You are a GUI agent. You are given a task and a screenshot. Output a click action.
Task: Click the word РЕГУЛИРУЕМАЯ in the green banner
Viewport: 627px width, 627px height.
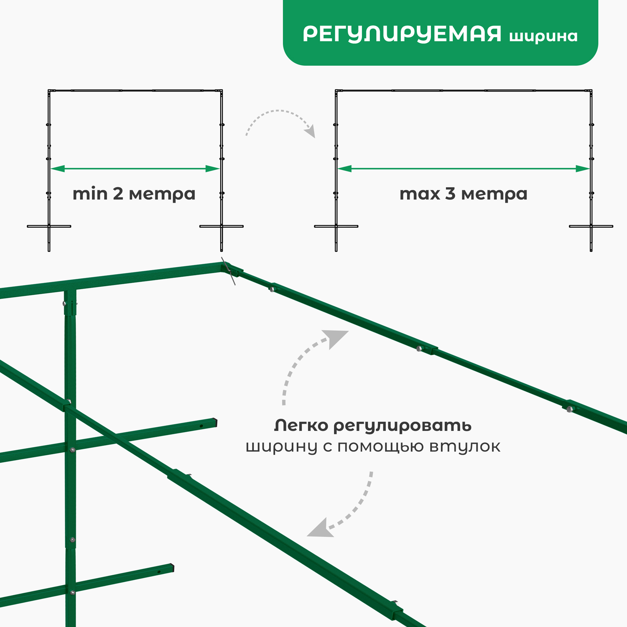402,34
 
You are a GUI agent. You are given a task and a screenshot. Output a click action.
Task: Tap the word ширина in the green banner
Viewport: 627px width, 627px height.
543,36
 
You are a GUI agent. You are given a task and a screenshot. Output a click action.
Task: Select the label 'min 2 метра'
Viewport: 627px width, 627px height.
134,194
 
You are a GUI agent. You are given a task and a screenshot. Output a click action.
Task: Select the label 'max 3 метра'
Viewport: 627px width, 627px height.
463,194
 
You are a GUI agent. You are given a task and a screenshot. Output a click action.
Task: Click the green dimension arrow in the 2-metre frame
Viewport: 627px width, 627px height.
135,169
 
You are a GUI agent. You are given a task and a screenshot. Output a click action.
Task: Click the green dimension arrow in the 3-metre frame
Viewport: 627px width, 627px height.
464,169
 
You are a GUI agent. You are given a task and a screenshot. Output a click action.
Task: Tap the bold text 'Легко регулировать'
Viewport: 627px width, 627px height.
373,426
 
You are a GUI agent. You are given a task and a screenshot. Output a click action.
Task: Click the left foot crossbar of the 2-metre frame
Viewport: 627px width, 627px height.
49,227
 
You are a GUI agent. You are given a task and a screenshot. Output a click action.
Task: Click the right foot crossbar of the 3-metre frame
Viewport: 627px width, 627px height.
591,227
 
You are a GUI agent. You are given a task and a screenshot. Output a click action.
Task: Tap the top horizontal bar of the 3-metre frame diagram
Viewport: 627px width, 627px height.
464,90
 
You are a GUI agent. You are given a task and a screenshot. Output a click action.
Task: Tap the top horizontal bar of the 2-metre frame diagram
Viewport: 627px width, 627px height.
135,90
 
